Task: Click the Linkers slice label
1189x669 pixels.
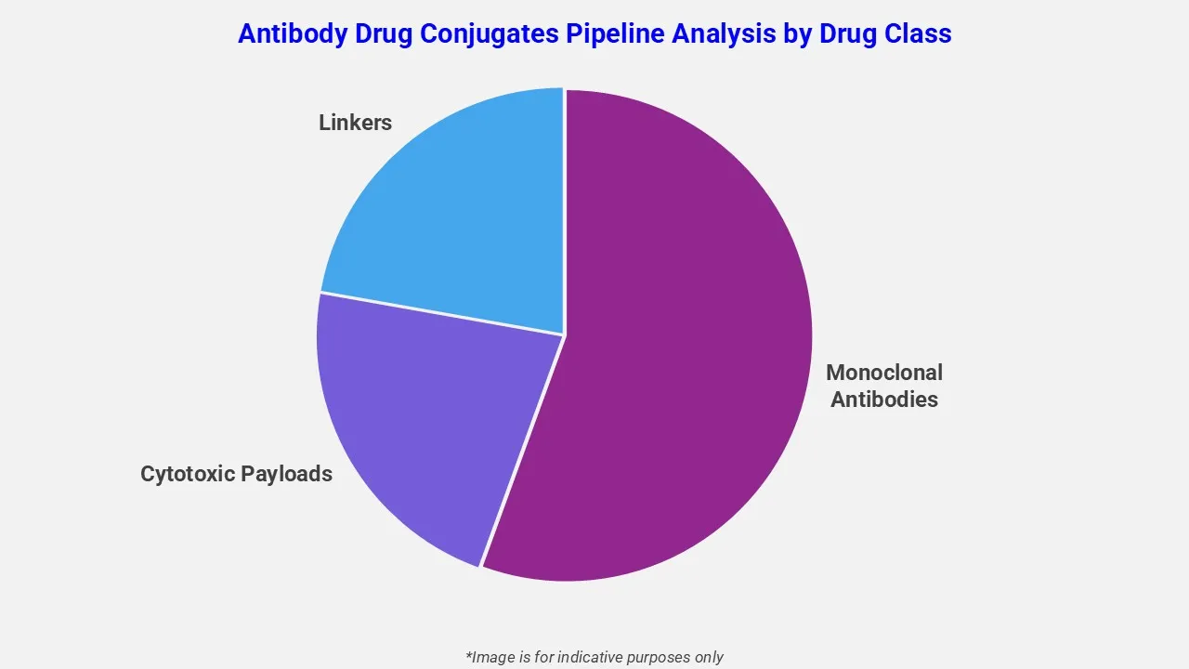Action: tap(355, 123)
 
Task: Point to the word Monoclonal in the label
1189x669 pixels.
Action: tap(883, 373)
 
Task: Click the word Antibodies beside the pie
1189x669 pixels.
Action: tap(883, 400)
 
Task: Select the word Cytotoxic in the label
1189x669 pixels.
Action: tap(187, 474)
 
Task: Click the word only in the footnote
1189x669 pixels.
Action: tap(708, 657)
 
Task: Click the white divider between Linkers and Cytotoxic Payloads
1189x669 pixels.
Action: tap(441, 314)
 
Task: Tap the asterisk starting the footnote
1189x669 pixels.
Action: tap(469, 655)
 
